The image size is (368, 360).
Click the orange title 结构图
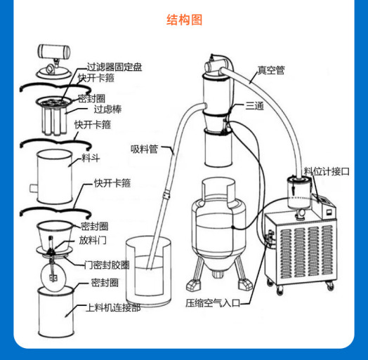[x=184, y=20]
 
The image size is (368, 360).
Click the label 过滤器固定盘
[x=114, y=67]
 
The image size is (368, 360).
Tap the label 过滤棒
[x=107, y=109]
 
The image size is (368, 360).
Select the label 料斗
[x=91, y=158]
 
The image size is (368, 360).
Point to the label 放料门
[x=93, y=240]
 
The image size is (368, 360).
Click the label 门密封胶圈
[x=107, y=265]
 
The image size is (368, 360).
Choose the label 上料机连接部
[x=113, y=307]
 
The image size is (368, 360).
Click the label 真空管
[x=271, y=70]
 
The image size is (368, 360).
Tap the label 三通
[x=255, y=106]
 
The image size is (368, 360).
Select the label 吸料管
[x=145, y=149]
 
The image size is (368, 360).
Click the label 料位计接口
[x=327, y=171]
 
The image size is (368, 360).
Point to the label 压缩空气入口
[x=213, y=303]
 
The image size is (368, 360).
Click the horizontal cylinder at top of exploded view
[x=54, y=51]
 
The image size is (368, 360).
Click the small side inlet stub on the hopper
[x=33, y=188]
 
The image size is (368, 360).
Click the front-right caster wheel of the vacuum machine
[x=330, y=286]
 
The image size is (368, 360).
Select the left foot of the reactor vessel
[x=194, y=285]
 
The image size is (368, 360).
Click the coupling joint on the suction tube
[x=166, y=195]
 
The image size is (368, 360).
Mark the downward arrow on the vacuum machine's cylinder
[x=294, y=187]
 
